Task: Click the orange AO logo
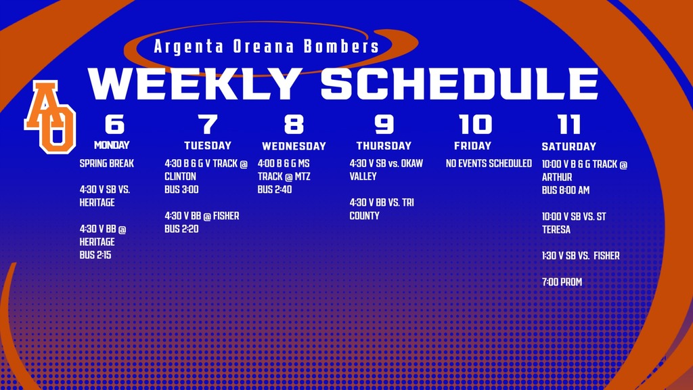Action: pos(50,116)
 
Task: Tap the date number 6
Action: pos(114,125)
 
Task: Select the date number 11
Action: pos(569,125)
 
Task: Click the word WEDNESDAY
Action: pos(294,146)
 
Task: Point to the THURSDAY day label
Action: pos(384,146)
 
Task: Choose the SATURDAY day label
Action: pos(568,146)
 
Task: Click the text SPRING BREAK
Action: pos(107,164)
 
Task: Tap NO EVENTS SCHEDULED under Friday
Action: pos(489,164)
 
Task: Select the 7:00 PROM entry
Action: pos(562,282)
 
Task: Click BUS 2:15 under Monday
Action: pos(96,255)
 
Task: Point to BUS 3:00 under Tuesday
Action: pos(181,190)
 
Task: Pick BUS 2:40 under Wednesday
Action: pos(275,190)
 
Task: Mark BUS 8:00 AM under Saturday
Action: pos(566,190)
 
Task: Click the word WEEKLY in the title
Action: pos(196,85)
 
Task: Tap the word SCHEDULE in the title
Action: pos(460,85)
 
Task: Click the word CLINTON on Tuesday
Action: pos(180,177)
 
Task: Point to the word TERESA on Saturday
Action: pos(556,230)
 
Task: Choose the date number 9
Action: pos(384,125)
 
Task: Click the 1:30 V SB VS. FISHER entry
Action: pos(581,256)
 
